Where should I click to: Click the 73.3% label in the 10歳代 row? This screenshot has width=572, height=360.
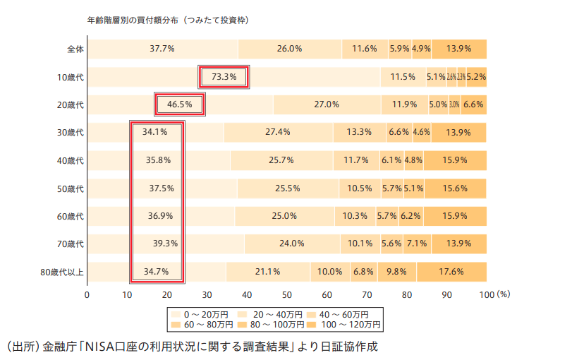click(224, 77)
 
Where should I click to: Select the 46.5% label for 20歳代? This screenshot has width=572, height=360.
click(179, 104)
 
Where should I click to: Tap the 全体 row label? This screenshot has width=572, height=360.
click(75, 49)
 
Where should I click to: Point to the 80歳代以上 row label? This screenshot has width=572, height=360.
click(62, 271)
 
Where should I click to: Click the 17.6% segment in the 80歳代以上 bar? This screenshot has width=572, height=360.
click(451, 271)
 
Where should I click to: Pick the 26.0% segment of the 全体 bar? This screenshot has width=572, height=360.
click(290, 49)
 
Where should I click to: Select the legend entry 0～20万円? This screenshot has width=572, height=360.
click(200, 313)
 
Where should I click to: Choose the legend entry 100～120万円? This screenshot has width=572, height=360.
click(351, 325)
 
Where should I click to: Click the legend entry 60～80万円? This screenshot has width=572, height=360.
click(200, 325)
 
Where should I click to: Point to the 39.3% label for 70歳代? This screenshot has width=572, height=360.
click(164, 244)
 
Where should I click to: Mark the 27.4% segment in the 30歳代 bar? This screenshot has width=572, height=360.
click(278, 132)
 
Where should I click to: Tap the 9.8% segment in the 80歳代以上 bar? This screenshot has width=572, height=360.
click(396, 271)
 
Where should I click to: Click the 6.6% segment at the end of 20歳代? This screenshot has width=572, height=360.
click(473, 104)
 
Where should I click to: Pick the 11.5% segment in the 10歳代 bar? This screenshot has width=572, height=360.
click(403, 77)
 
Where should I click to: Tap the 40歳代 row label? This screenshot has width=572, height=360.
click(71, 160)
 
